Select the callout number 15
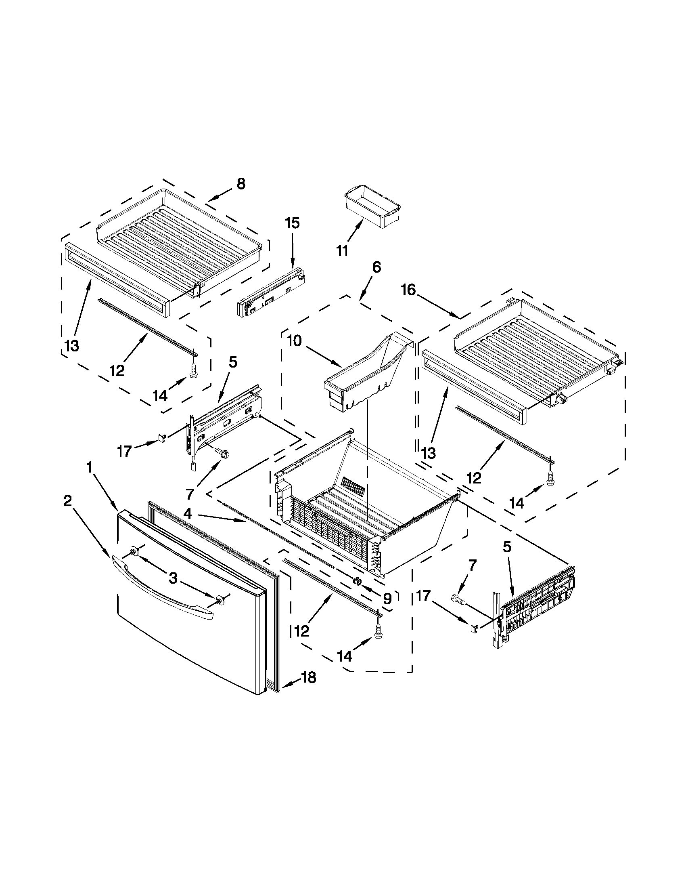click(293, 223)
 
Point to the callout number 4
click(187, 514)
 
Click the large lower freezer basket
click(366, 509)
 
